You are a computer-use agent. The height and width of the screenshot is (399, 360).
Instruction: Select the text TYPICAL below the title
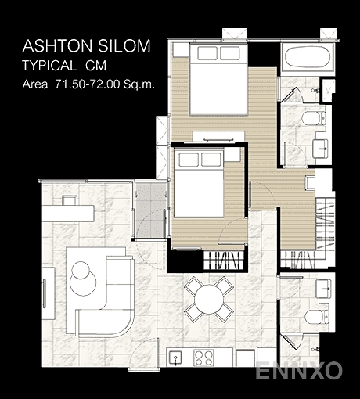[49, 66]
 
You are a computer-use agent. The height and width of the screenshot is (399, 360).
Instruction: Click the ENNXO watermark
[299, 371]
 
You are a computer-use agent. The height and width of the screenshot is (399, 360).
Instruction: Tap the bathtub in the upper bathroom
[308, 57]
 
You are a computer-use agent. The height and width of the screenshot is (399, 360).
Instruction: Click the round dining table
[209, 300]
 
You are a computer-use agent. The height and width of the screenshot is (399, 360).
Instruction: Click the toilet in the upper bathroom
[313, 118]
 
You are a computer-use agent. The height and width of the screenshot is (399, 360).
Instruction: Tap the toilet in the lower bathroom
[316, 317]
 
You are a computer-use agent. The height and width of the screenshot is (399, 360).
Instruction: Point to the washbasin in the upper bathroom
[320, 149]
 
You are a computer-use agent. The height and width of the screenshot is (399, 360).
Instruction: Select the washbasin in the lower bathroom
[323, 289]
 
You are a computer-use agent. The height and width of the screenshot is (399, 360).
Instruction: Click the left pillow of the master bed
[207, 53]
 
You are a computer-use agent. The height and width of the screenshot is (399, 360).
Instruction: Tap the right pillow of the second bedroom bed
[211, 160]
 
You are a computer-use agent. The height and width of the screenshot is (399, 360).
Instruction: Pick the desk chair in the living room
[70, 200]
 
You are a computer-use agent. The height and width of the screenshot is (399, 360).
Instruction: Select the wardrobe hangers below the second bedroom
[224, 261]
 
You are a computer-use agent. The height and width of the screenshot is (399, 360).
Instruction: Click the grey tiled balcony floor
[151, 210]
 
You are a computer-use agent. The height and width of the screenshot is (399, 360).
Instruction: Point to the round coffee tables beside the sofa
[82, 279]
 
